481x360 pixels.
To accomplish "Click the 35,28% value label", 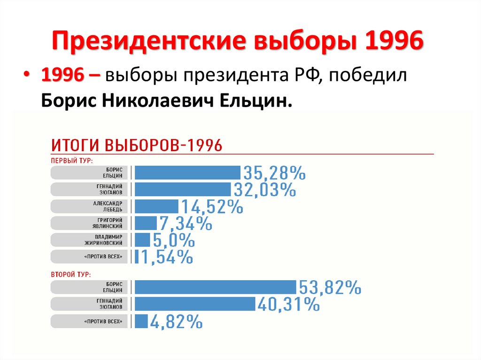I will [x=275, y=174].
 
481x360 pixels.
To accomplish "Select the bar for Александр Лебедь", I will [x=156, y=207].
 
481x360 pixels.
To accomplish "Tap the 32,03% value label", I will [x=264, y=190].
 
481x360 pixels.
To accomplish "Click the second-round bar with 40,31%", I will [x=195, y=304].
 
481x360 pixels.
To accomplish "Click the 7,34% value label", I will [x=186, y=223].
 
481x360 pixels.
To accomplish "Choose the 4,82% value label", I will [x=177, y=322].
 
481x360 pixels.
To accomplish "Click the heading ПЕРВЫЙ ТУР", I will [x=71, y=160].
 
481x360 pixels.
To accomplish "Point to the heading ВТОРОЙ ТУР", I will [x=70, y=273].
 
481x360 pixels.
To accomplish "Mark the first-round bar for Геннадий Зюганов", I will [x=183, y=190].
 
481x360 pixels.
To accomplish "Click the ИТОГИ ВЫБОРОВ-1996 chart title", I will [x=136, y=145].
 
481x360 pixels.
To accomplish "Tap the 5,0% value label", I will [x=173, y=240].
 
